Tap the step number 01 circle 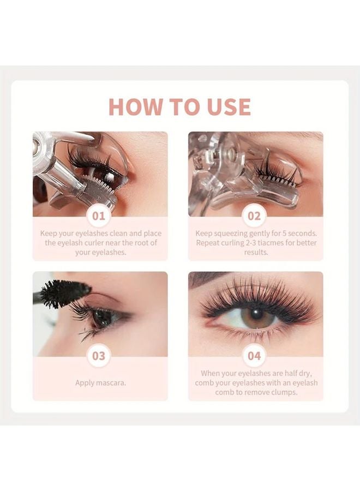click(x=98, y=216)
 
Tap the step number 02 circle click(x=254, y=216)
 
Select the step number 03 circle click(x=98, y=357)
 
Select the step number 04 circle click(x=254, y=357)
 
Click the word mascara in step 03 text click(x=112, y=382)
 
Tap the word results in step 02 click(x=255, y=253)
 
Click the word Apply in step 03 click(x=86, y=382)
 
